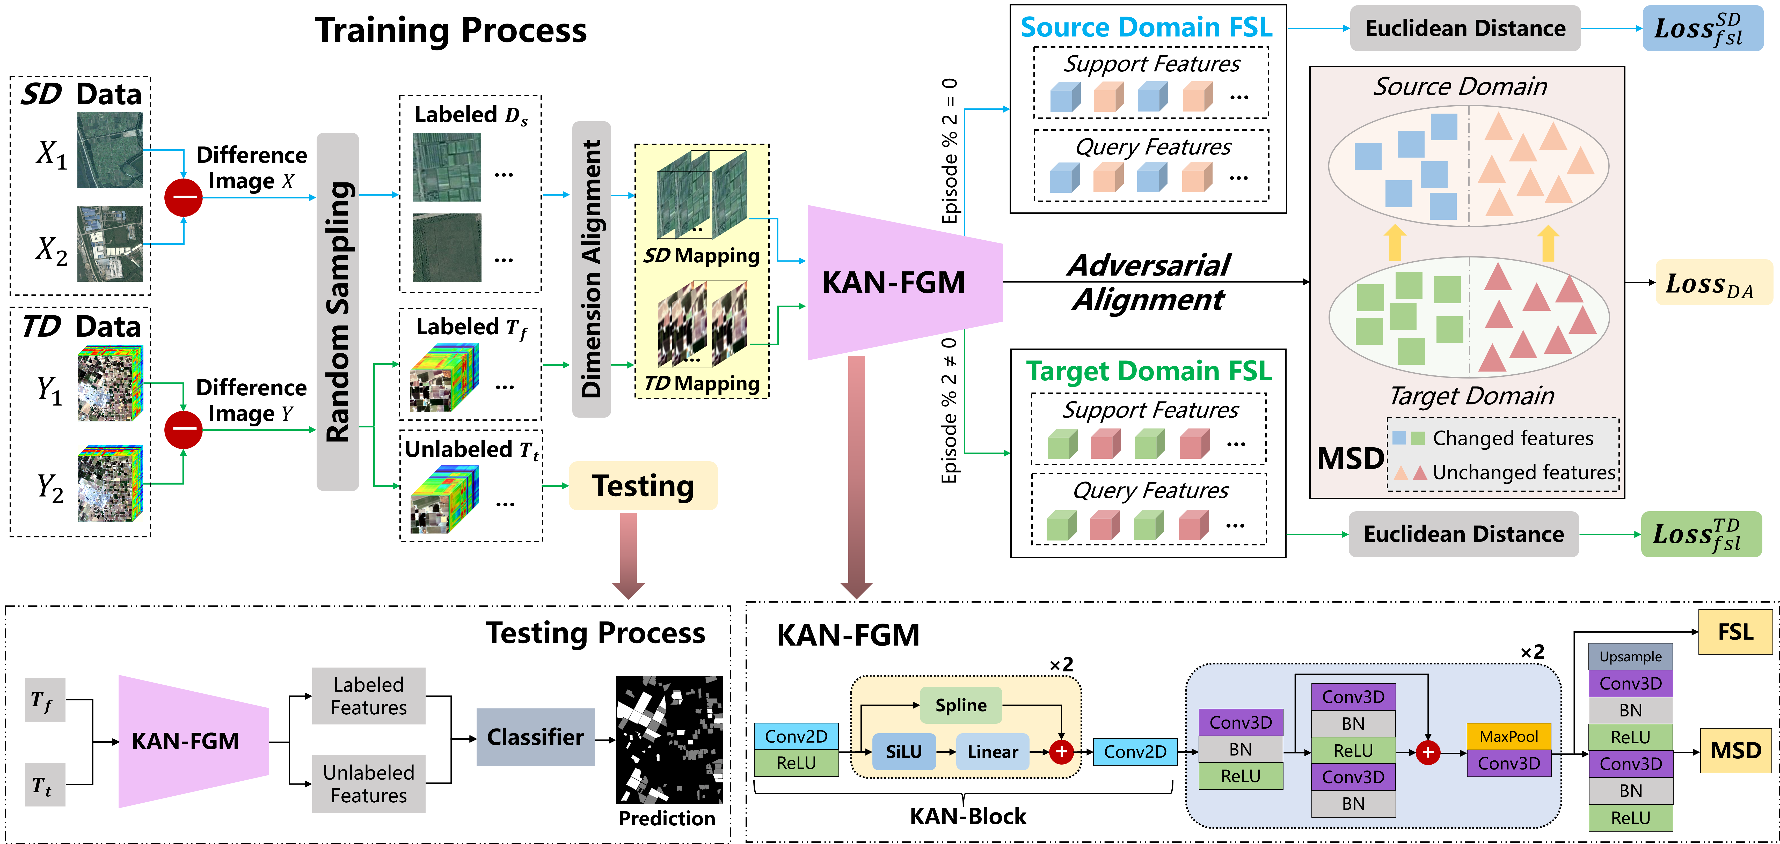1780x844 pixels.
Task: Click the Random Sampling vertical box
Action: pyautogui.click(x=338, y=312)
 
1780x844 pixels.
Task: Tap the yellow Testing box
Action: pyautogui.click(x=643, y=486)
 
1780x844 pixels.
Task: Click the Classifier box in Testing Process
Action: pyautogui.click(x=536, y=737)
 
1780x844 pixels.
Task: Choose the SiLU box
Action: pyautogui.click(x=904, y=751)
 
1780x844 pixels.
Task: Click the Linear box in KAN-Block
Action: pyautogui.click(x=992, y=751)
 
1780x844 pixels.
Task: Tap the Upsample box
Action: pyautogui.click(x=1631, y=656)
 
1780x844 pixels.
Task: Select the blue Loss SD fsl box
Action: pyautogui.click(x=1703, y=28)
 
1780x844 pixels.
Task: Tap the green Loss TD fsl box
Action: pyautogui.click(x=1701, y=534)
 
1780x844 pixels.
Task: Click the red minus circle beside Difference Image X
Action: pyautogui.click(x=183, y=197)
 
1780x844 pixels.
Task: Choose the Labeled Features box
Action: pyautogui.click(x=368, y=695)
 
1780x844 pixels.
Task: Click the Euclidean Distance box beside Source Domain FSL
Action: pyautogui.click(x=1465, y=28)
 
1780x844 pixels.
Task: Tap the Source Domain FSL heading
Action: pyautogui.click(x=1146, y=27)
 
